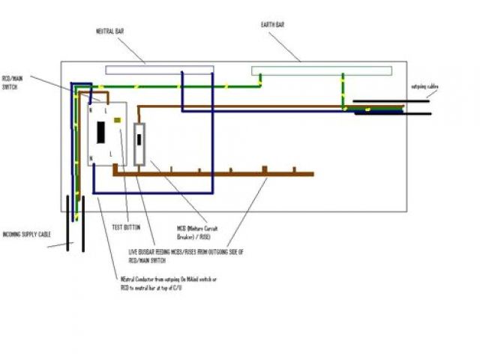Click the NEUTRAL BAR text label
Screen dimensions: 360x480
point(109,31)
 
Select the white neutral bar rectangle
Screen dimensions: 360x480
point(159,69)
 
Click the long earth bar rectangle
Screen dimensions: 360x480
point(321,70)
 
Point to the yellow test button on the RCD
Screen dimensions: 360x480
point(117,118)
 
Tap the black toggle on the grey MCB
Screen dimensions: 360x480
point(139,139)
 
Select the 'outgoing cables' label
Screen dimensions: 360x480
point(424,87)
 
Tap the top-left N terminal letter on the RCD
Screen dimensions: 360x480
point(91,109)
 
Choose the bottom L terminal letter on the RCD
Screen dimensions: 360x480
point(111,153)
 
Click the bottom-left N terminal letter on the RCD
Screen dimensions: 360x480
point(91,159)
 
